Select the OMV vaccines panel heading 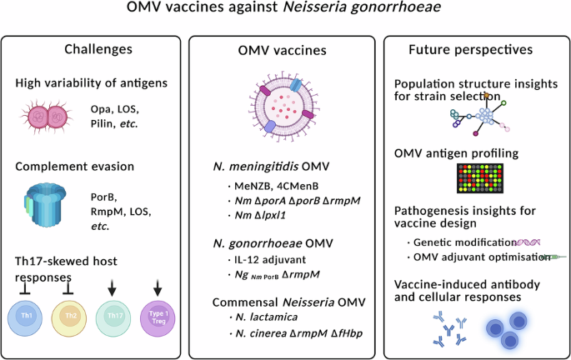286,51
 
